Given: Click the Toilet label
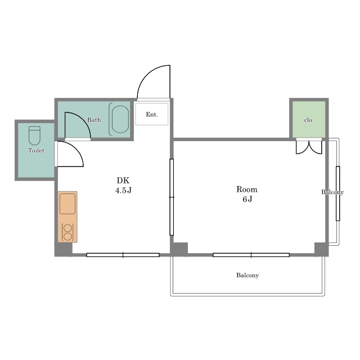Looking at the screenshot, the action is tap(36, 150).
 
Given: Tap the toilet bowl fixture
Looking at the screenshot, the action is tap(34, 136).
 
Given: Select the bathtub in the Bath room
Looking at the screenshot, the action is tap(120, 119).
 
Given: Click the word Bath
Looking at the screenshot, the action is tap(94, 120).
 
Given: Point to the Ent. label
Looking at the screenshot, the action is tap(152, 114).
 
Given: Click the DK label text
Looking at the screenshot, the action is tap(123, 181).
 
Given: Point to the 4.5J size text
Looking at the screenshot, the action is tap(123, 190).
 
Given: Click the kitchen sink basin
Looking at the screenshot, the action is tap(67, 204).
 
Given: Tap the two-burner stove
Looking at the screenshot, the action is tap(67, 232).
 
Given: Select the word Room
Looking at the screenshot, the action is tap(247, 190).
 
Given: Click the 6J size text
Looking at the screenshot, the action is tap(247, 199).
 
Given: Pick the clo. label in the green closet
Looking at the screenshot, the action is tap(309, 120).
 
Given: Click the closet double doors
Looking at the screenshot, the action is tap(309, 147).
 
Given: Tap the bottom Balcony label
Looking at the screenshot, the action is tap(247, 275).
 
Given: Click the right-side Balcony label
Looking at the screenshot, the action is tap(332, 192).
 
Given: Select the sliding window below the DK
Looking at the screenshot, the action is tap(123, 255).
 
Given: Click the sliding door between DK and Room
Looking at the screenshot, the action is tap(172, 197).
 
